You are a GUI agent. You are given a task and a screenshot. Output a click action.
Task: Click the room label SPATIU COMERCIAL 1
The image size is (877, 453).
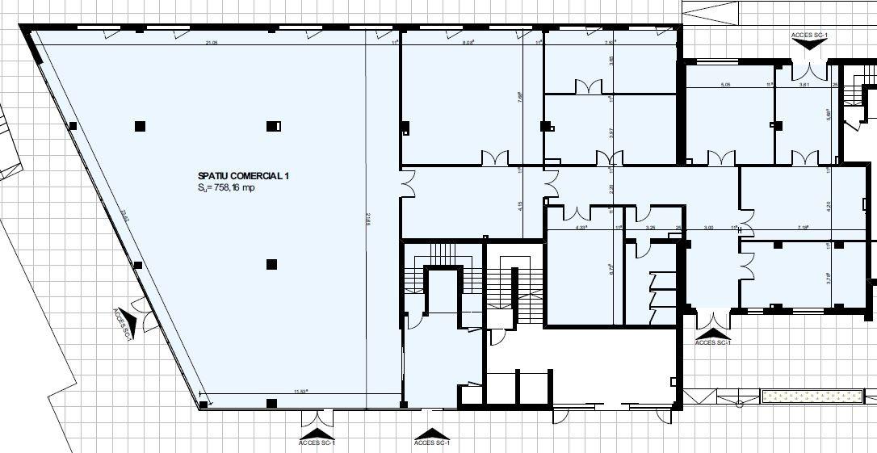243,175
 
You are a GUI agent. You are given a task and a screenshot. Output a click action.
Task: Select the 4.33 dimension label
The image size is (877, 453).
581,228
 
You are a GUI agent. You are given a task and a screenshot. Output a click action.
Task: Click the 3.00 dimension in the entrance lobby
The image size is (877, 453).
708,228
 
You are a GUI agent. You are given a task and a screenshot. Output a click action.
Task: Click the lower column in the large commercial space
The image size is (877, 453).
272,264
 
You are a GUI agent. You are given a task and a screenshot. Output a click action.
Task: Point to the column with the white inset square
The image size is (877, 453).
274,126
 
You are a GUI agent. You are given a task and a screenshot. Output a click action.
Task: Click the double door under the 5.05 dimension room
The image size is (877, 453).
720,157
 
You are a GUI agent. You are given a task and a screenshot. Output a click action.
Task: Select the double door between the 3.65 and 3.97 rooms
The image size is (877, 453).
587,86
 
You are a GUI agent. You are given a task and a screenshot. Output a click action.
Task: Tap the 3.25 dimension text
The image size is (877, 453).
650,228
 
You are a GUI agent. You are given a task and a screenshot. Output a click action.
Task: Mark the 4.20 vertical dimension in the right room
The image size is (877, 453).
829,206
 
